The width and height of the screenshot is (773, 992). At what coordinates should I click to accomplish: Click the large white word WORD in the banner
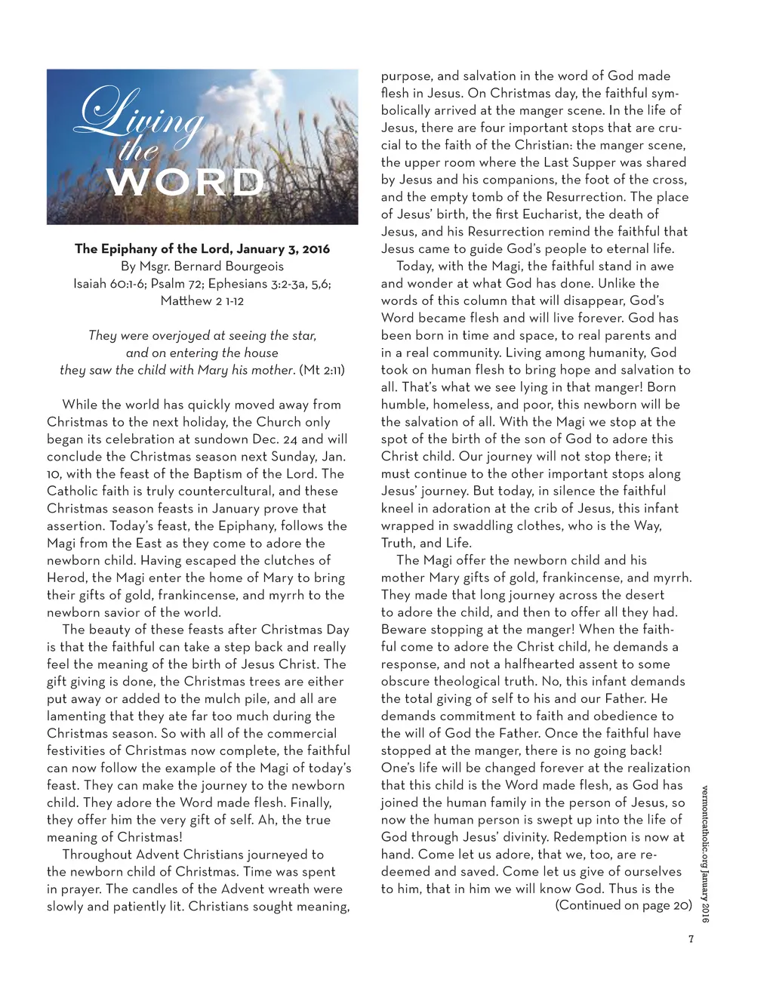pyautogui.click(x=185, y=183)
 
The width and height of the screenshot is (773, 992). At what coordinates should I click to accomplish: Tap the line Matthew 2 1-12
pyautogui.click(x=202, y=300)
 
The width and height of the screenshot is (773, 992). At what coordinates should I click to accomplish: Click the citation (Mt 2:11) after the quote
pyautogui.click(x=322, y=370)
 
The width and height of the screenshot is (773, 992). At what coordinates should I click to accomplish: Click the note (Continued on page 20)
pyautogui.click(x=624, y=905)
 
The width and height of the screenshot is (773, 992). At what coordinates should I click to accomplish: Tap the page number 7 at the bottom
pyautogui.click(x=690, y=939)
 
